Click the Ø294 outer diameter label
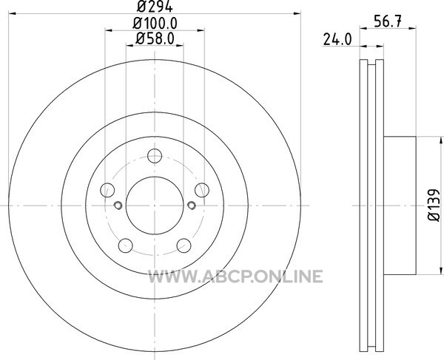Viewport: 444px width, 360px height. (x=155, y=6)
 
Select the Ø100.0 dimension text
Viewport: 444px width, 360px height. (x=155, y=23)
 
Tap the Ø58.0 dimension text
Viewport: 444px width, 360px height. (x=155, y=38)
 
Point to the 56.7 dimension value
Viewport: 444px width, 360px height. (x=388, y=21)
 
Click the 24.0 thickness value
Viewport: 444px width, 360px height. (x=337, y=40)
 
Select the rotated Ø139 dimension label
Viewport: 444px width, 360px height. (x=434, y=206)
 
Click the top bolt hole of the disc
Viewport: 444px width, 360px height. (x=155, y=156)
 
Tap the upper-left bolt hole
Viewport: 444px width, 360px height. (x=107, y=190)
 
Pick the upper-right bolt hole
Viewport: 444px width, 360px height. (x=202, y=190)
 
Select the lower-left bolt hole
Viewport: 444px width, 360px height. (x=126, y=245)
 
